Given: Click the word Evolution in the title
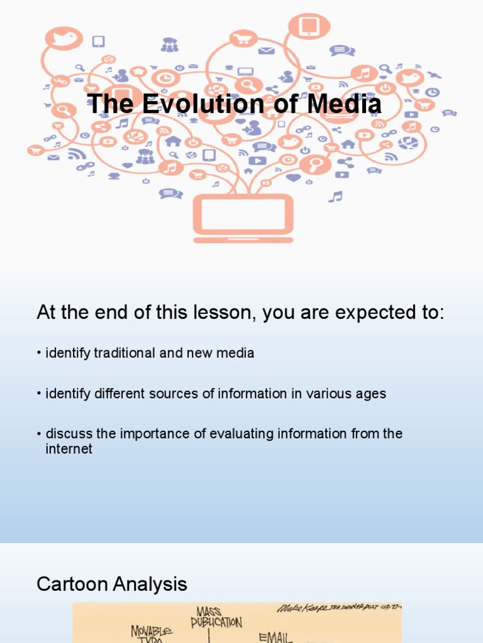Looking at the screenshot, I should pyautogui.click(x=192, y=104).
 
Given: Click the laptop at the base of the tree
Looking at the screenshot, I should pyautogui.click(x=243, y=217).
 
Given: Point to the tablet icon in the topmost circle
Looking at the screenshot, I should pyautogui.click(x=309, y=27).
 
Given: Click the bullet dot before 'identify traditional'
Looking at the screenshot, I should pyautogui.click(x=39, y=354).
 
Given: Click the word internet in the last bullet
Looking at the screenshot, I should pyautogui.click(x=69, y=449).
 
